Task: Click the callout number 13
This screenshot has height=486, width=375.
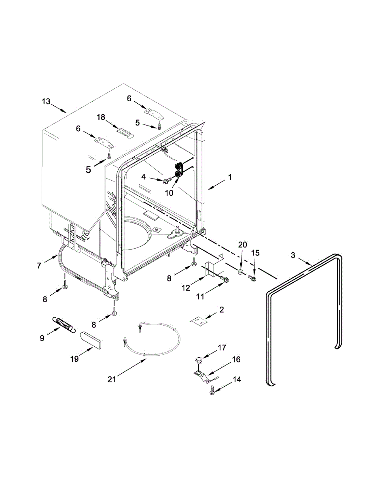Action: click(x=47, y=101)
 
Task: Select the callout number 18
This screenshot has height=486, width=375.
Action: click(x=101, y=117)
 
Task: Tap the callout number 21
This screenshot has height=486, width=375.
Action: click(x=112, y=379)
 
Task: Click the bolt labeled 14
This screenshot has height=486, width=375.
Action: click(x=212, y=390)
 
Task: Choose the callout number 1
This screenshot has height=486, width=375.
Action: click(x=230, y=177)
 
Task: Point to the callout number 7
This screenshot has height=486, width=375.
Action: click(x=39, y=266)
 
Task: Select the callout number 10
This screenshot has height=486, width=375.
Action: click(x=169, y=193)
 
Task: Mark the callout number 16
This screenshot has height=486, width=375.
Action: click(x=236, y=359)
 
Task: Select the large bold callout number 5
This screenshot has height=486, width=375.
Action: click(x=88, y=170)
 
